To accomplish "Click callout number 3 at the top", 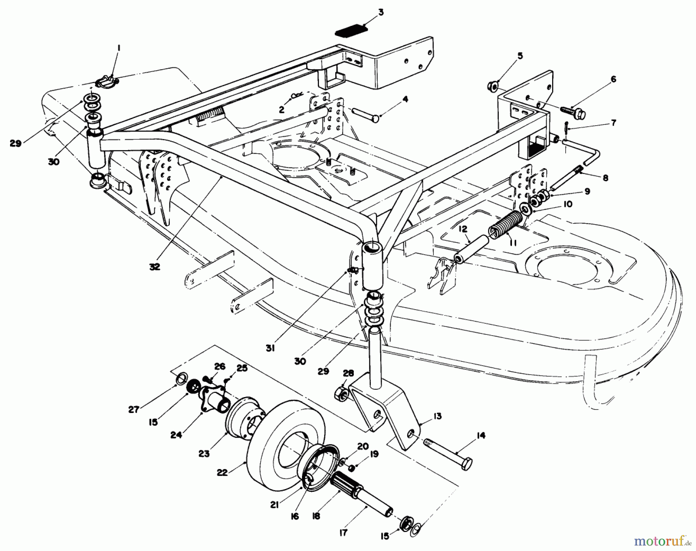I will [x=381, y=13].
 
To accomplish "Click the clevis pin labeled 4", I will [x=365, y=115].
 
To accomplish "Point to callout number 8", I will [x=605, y=178].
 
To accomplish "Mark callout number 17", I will [x=343, y=533].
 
